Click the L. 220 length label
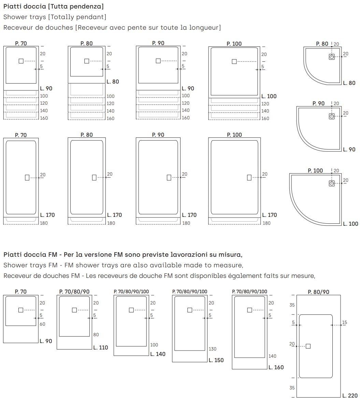coord(350,396)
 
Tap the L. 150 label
coord(216,360)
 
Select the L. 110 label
coord(101,347)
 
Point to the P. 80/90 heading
coord(318,292)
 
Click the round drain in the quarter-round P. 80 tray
coord(332,57)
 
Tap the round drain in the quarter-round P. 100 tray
coord(332,183)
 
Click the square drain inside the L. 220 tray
coord(308,346)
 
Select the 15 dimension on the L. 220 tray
coord(344,323)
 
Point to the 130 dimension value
coord(212,349)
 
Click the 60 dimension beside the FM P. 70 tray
coord(42,324)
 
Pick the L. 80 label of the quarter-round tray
coord(349,83)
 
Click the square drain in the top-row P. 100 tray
coord(234,61)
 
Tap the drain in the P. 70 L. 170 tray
coord(27,177)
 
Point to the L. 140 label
coord(158,354)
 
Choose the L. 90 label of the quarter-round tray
coord(349,149)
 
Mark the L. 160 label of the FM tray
coord(276,367)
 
